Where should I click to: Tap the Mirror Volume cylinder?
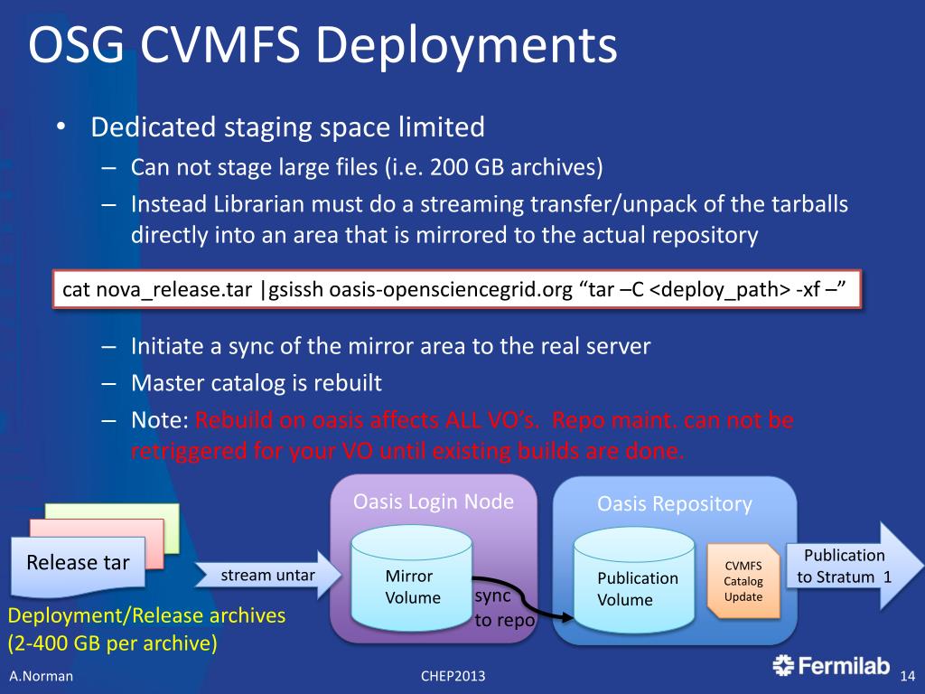(412, 578)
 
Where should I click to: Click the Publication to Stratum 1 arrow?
(844, 566)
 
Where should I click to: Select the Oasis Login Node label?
(434, 502)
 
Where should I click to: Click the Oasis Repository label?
(674, 504)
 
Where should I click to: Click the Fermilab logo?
(832, 666)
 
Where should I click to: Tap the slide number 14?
(909, 676)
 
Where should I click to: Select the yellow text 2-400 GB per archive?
(112, 645)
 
